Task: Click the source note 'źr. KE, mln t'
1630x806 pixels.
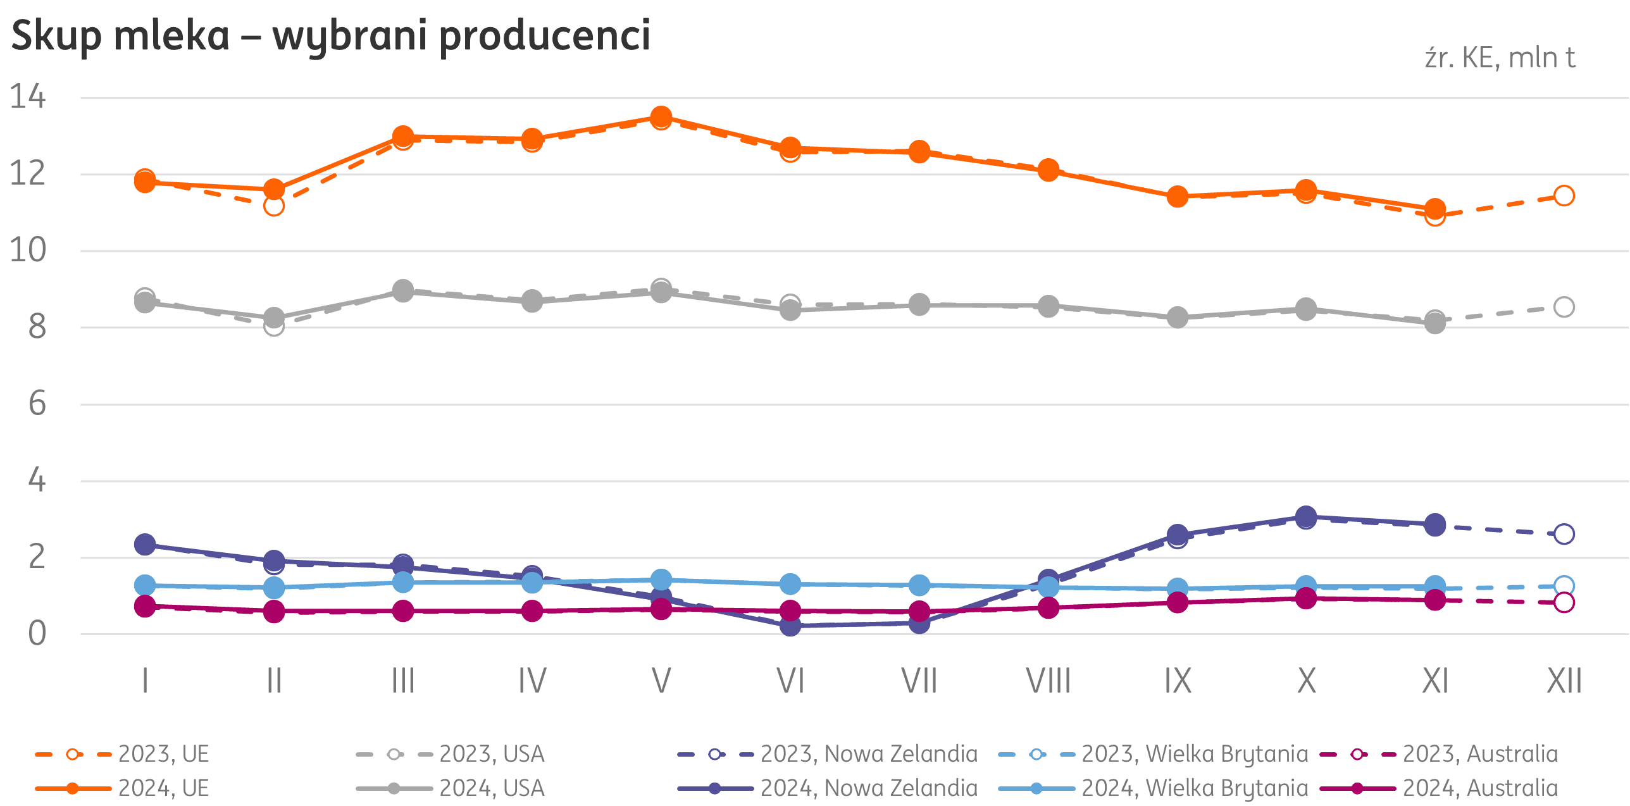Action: coord(1499,58)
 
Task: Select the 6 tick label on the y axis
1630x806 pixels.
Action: coord(37,403)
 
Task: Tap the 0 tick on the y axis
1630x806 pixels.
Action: coord(37,633)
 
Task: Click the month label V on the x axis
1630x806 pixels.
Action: coord(661,681)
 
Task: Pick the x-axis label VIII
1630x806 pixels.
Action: coord(1048,681)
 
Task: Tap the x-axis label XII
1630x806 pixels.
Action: coord(1564,681)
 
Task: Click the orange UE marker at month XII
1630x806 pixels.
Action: coord(1564,195)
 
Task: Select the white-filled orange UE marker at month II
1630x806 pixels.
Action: coord(274,206)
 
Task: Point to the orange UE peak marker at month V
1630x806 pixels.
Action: coord(661,116)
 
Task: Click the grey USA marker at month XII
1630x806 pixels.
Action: coord(1564,307)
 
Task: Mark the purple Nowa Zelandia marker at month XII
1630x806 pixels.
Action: coord(1564,534)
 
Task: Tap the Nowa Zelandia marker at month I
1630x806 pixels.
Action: coord(145,544)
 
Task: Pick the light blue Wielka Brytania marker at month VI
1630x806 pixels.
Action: coord(790,584)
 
